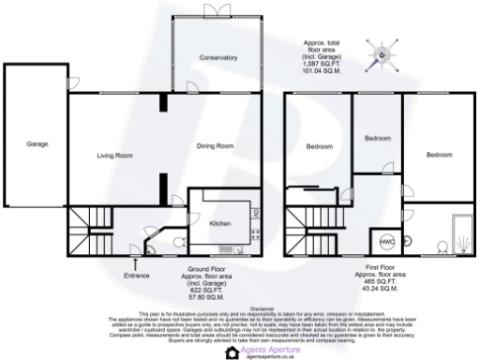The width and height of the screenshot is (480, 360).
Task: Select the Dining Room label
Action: click(215, 146)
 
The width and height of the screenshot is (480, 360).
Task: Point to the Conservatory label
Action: click(217, 58)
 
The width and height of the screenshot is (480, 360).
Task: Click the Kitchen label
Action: click(219, 224)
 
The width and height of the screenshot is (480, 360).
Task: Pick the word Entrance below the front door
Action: click(137, 275)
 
